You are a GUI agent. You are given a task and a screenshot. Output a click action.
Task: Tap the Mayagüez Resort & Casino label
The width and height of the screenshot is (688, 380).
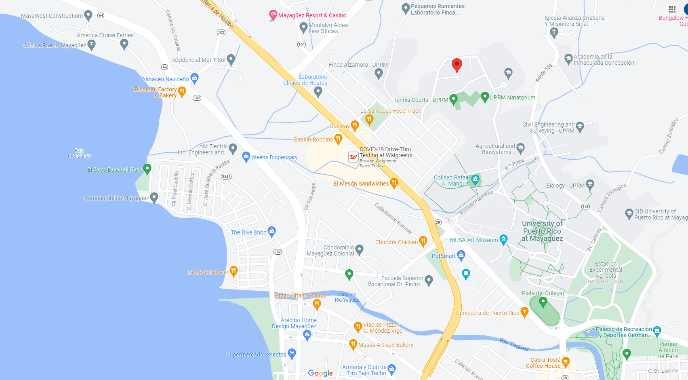pyautogui.click(x=312, y=15)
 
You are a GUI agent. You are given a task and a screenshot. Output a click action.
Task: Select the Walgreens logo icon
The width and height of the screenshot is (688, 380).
pyautogui.click(x=353, y=157)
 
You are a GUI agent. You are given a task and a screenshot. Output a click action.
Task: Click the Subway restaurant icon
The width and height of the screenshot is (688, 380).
pyautogui.click(x=355, y=125)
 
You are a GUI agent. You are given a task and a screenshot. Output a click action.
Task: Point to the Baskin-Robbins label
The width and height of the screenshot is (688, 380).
pyautogui.click(x=313, y=139)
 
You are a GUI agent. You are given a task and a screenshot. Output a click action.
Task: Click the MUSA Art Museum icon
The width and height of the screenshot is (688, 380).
pyautogui.click(x=503, y=239)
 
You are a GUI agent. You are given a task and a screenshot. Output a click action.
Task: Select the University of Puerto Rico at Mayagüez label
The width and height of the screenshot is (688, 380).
pyautogui.click(x=542, y=231)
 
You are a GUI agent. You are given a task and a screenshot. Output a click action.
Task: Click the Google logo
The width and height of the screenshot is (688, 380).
pyautogui.click(x=320, y=373)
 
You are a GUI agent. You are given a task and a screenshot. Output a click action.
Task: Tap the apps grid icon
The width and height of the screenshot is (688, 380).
pyautogui.click(x=672, y=9)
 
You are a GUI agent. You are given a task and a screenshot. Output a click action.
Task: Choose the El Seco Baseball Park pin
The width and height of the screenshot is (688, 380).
pyautogui.click(x=147, y=169)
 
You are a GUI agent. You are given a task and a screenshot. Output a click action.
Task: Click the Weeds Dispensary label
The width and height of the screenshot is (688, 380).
pyautogui.click(x=274, y=157)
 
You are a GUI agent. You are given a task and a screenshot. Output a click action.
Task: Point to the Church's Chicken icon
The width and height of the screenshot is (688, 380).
pyautogui.click(x=423, y=241)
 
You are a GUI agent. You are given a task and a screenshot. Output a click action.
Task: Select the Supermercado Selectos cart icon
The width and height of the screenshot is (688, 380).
pyautogui.click(x=292, y=354)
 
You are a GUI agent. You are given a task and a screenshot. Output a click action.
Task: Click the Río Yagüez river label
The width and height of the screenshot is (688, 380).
pyautogui.click(x=514, y=344)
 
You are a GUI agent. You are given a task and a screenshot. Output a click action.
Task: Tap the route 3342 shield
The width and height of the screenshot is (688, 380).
pyautogui.click(x=226, y=177)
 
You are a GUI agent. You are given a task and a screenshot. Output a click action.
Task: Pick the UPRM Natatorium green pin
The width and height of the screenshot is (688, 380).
pyautogui.click(x=485, y=97)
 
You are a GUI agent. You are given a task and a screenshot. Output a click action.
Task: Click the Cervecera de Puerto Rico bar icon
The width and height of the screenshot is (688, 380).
pyautogui.click(x=524, y=312)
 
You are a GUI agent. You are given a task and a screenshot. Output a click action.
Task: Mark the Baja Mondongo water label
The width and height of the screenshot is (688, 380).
pyautogui.click(x=80, y=153)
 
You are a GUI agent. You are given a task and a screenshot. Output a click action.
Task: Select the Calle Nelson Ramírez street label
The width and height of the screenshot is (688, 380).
pyautogui.click(x=393, y=219)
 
